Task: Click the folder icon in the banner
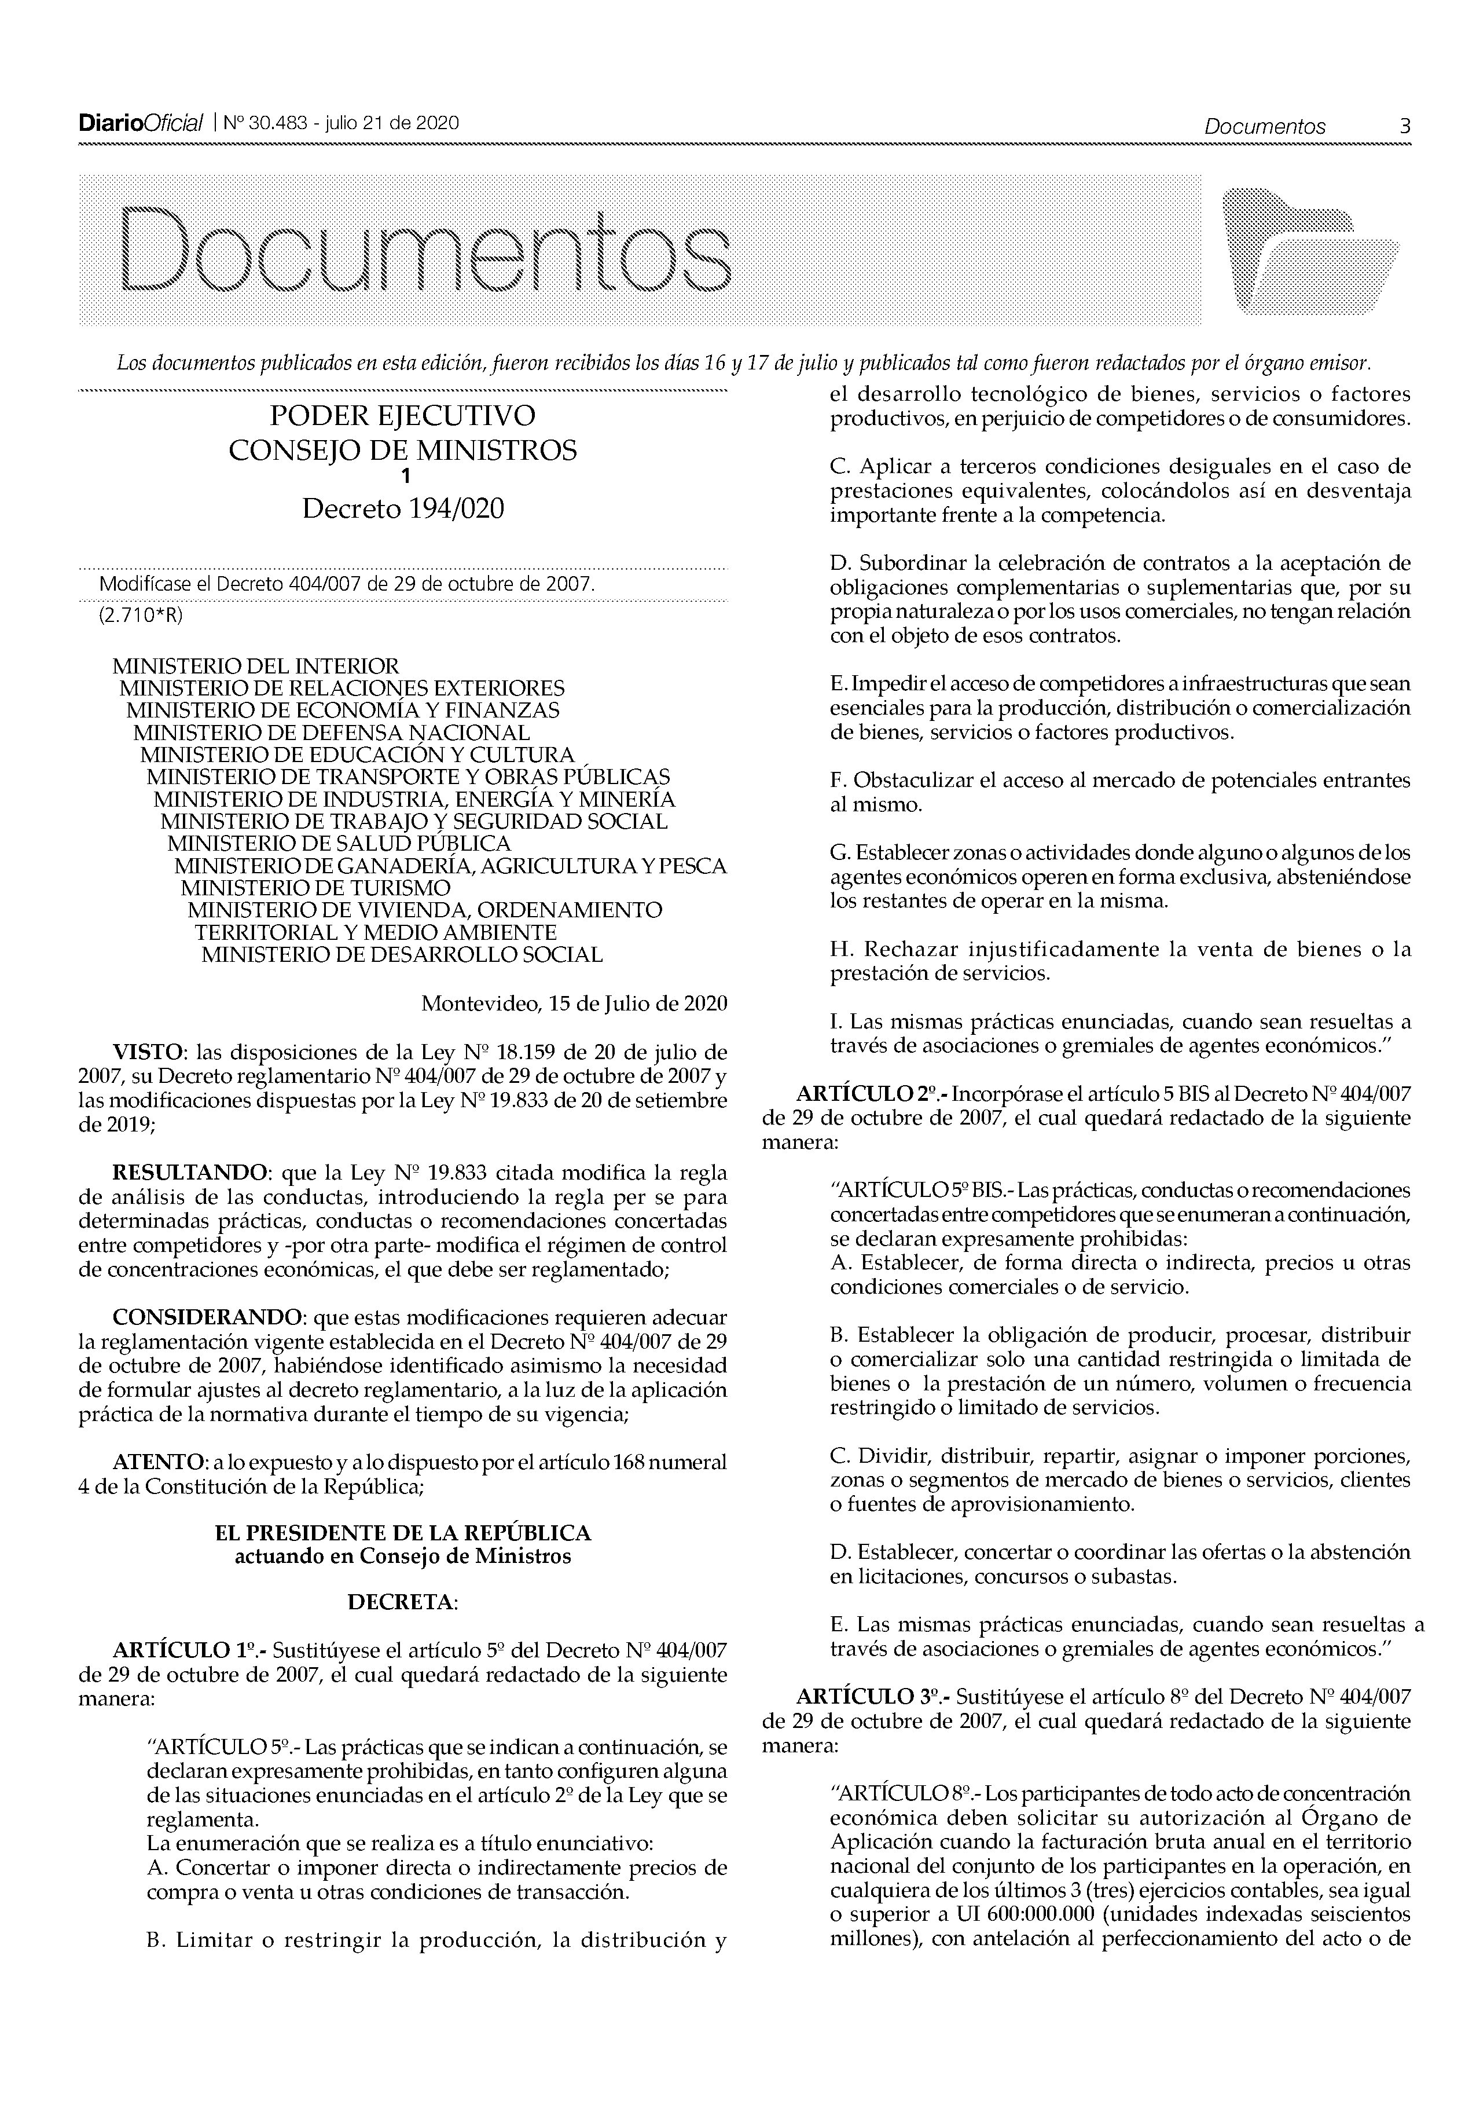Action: [1309, 250]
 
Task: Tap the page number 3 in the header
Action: [1404, 127]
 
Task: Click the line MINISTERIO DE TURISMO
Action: [315, 888]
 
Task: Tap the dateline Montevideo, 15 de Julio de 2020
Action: [574, 1004]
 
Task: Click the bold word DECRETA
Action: [402, 1603]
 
